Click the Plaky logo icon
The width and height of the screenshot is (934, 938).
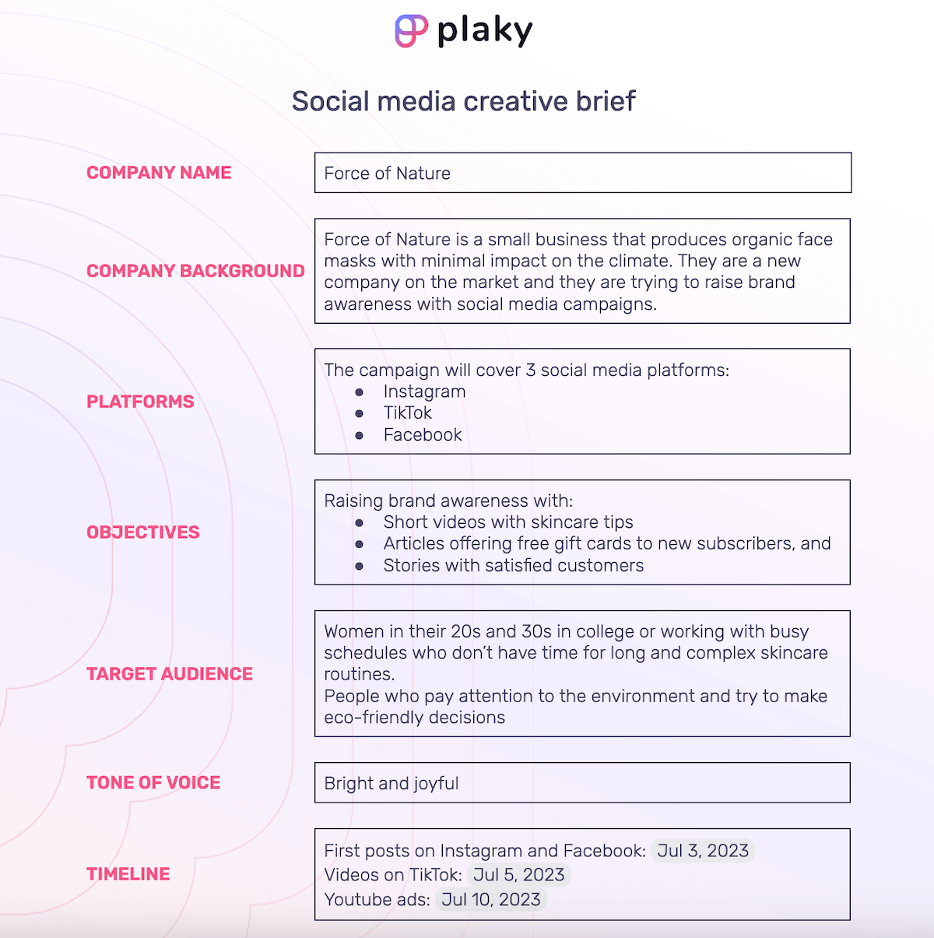(x=411, y=31)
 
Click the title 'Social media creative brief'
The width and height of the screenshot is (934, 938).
(x=464, y=101)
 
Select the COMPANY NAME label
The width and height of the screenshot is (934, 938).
(x=159, y=173)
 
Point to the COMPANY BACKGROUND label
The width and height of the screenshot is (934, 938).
(x=195, y=271)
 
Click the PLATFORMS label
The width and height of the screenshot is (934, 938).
(x=140, y=402)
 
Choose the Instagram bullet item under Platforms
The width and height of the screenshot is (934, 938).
(x=424, y=392)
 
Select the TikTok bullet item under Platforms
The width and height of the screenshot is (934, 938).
(x=407, y=413)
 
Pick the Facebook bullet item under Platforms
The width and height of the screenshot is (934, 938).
(x=423, y=435)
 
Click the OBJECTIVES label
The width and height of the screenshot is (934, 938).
(x=143, y=532)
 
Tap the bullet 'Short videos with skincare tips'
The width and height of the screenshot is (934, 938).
(x=508, y=522)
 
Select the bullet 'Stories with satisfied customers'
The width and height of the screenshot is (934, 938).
(x=514, y=566)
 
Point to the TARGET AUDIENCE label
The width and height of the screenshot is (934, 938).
(x=170, y=674)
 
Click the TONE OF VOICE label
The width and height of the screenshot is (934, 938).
(x=153, y=783)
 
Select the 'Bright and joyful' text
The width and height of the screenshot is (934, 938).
(x=392, y=784)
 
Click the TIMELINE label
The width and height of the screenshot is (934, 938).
(x=128, y=874)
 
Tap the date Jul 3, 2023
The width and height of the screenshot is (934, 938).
(x=703, y=851)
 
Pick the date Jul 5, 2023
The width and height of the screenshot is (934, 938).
(x=518, y=875)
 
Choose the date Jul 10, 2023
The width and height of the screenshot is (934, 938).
(x=490, y=900)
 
